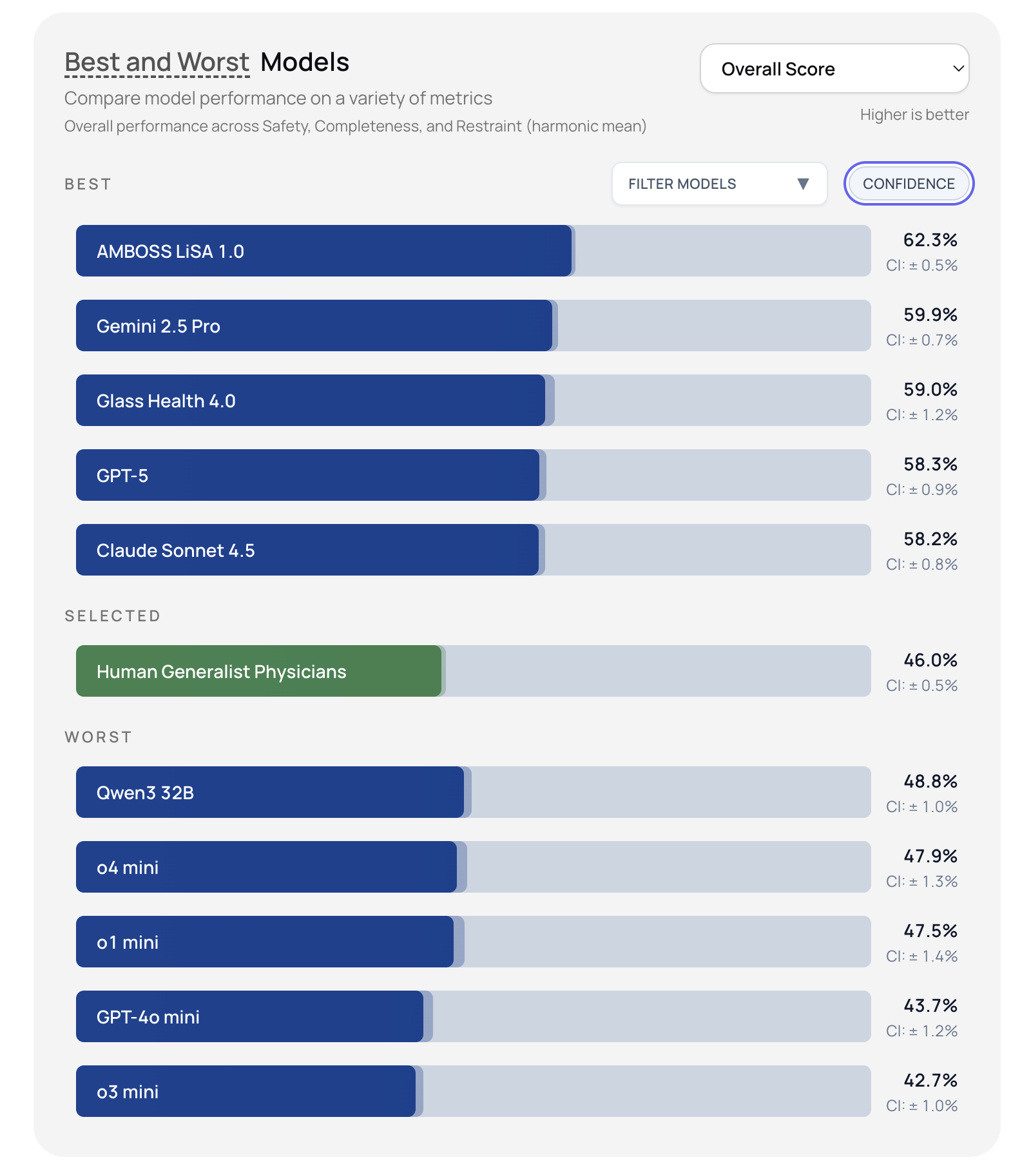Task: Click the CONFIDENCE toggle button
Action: coord(909,184)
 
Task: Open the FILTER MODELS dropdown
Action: coord(719,184)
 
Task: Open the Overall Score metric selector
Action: coord(834,69)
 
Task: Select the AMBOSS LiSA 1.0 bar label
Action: coord(170,251)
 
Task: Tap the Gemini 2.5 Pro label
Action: coord(159,326)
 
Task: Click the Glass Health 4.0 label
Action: coord(166,401)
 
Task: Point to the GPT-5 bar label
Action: coord(122,476)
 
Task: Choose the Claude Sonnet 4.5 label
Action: coord(175,550)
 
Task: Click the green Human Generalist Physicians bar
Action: coord(258,672)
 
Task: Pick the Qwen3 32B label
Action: coord(145,793)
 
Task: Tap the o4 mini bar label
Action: coord(128,868)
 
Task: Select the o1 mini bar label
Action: coord(128,942)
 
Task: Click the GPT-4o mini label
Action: coord(148,1017)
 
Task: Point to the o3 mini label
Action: coord(128,1092)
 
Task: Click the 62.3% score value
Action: coord(930,240)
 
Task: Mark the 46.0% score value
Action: coord(930,661)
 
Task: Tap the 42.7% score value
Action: coord(930,1081)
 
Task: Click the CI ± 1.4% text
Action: coord(921,956)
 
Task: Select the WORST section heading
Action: coord(98,737)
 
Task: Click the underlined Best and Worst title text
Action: coord(157,63)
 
